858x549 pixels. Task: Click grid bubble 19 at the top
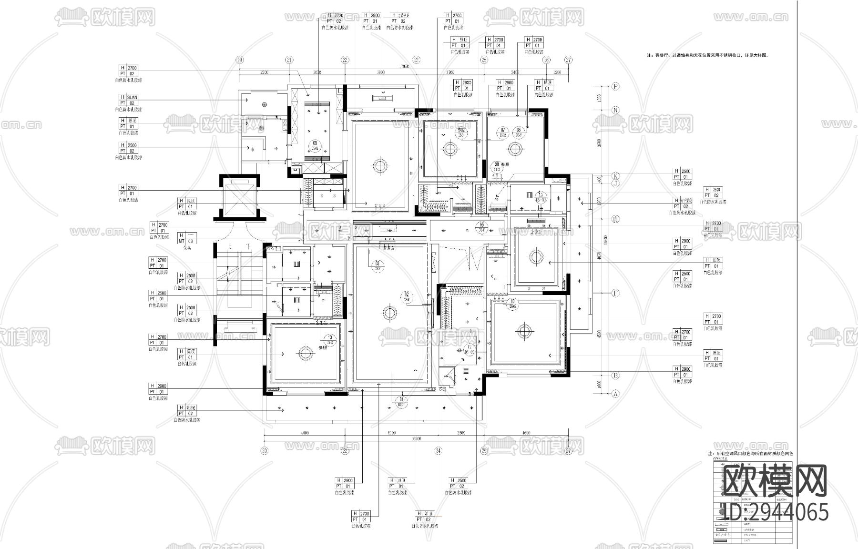pos(240,60)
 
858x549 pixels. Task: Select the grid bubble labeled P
pos(615,86)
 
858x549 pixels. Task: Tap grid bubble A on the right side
pos(615,394)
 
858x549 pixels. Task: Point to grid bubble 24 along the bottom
pos(438,450)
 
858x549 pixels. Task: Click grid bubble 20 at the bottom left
pos(265,450)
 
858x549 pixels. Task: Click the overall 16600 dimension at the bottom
pos(416,438)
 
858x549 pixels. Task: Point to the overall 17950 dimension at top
pos(404,67)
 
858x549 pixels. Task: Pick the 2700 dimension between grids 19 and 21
pos(265,72)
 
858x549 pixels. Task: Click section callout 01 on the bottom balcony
pos(401,402)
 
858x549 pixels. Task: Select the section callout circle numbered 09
pos(315,145)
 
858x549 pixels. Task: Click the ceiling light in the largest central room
pos(389,313)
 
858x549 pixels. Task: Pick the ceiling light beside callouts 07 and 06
pos(514,149)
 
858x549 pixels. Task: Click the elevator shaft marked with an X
pos(240,196)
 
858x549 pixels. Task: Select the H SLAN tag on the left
pos(128,100)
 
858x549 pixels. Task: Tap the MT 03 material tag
pos(186,238)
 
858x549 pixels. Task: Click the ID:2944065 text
pos(776,512)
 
